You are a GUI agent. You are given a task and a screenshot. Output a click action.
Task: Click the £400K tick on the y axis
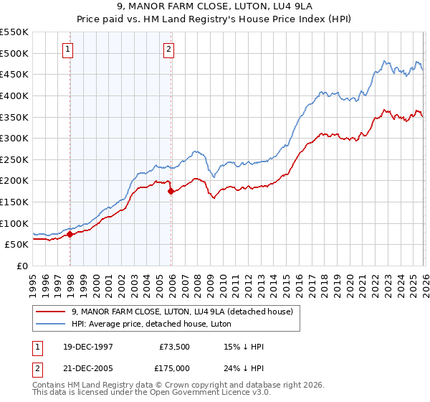click(x=14, y=95)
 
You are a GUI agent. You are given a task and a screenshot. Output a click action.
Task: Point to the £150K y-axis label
click(x=14, y=202)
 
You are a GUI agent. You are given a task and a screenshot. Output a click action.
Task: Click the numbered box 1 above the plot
click(x=67, y=50)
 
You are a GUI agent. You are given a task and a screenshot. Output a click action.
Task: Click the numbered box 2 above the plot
click(x=168, y=50)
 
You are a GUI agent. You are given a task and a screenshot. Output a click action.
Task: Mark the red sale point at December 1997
click(x=70, y=234)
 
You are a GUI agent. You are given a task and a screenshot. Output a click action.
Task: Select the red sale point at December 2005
click(x=171, y=192)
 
